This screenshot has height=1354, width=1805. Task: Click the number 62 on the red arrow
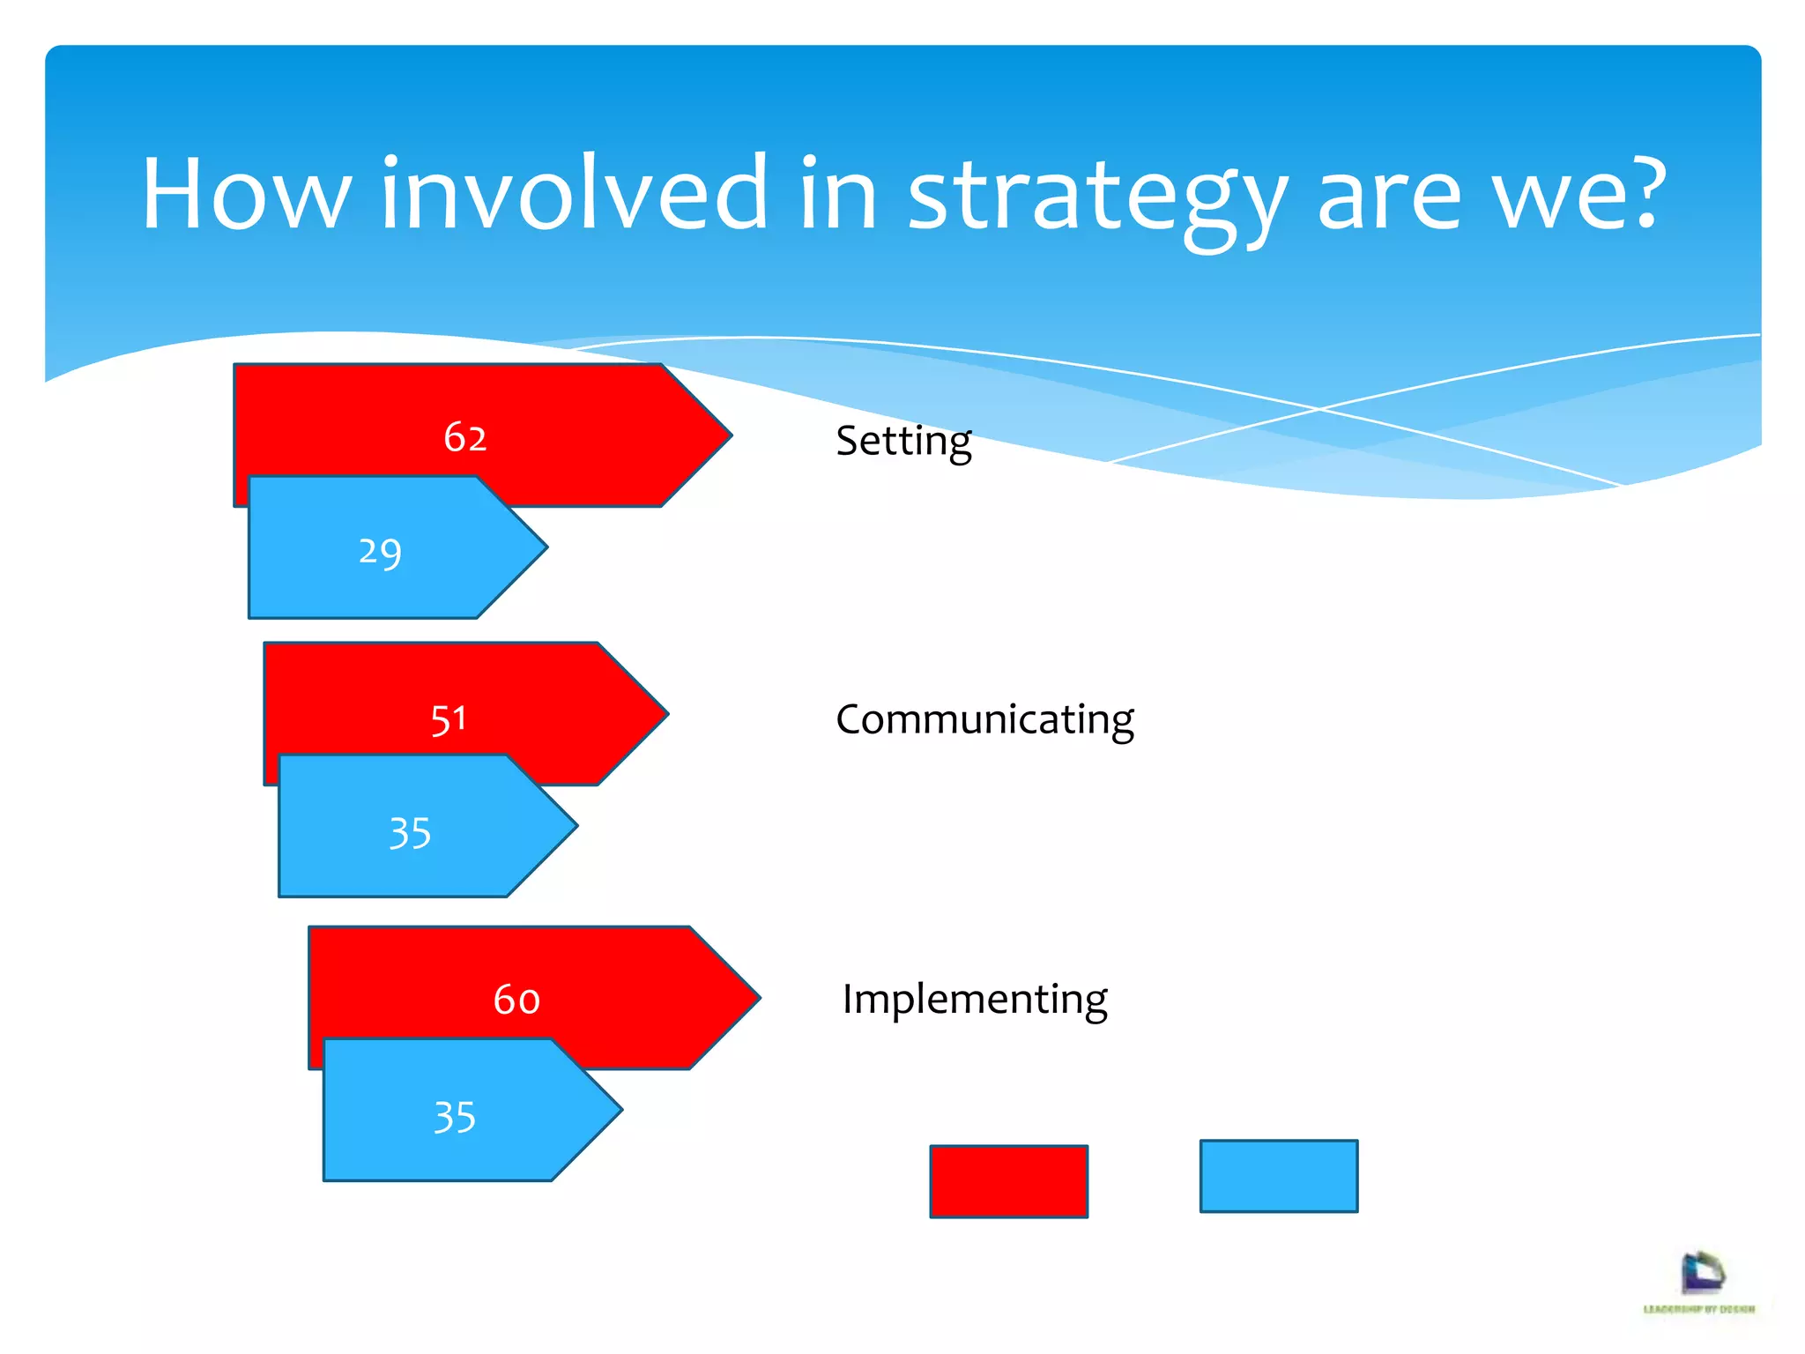coord(464,437)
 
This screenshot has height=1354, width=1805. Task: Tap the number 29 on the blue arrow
coord(380,553)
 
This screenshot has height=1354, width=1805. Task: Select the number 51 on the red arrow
coord(449,719)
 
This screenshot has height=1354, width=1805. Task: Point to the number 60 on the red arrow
coord(516,1000)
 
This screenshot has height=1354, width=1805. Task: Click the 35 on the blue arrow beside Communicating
coord(410,833)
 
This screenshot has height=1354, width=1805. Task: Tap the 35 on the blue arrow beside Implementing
coord(455,1117)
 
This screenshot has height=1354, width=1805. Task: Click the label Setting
coord(903,441)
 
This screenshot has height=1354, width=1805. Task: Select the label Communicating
coord(984,719)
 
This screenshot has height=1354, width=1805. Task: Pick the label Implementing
coord(975,1000)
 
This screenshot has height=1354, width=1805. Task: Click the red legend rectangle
coord(1008,1181)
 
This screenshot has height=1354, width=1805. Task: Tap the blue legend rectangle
coord(1278,1176)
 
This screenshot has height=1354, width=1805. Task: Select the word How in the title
coord(247,194)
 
